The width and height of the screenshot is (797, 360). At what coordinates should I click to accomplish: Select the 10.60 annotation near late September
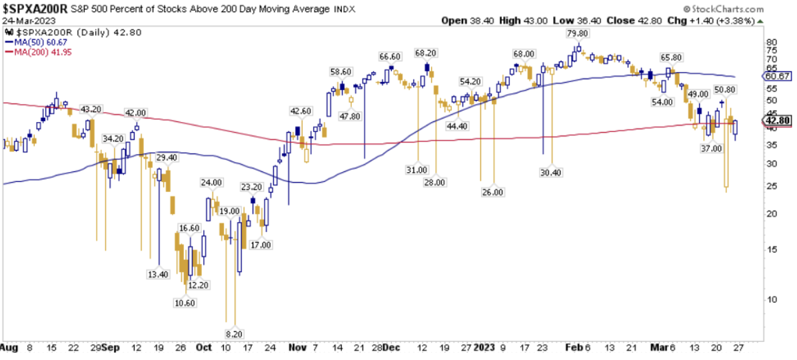pos(186,303)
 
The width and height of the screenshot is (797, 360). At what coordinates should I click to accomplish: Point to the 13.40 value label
pos(158,274)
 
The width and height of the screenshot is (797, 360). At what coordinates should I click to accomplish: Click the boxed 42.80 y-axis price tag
pos(778,120)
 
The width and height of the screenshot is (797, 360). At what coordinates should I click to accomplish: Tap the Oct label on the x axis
pos(204,347)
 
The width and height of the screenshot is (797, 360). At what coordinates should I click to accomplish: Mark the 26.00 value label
pos(493,192)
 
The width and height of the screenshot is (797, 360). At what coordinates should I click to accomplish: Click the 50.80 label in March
pos(724,89)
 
